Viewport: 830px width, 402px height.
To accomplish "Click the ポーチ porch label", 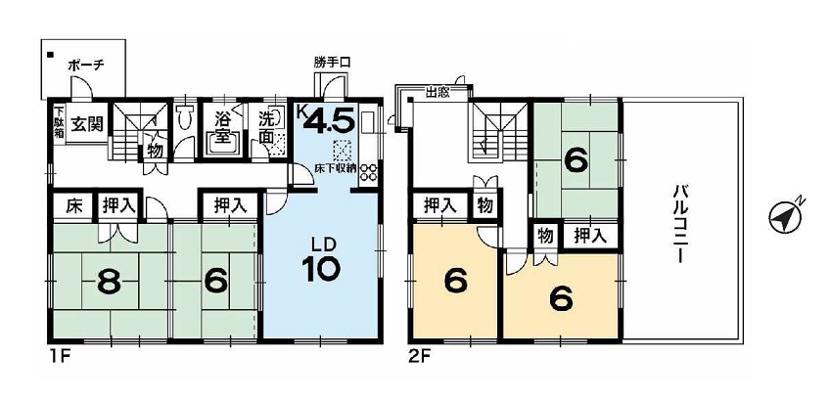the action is (x=87, y=66).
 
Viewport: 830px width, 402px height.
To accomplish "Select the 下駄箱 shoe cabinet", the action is (x=59, y=124).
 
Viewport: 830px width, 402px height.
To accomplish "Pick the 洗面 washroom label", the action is (x=267, y=128).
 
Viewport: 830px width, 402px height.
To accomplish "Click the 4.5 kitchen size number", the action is (x=328, y=121).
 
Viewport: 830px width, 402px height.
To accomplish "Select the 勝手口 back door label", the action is (x=332, y=63).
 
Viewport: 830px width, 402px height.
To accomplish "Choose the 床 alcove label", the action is (x=73, y=205).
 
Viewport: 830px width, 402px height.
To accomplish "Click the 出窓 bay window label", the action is (x=438, y=94).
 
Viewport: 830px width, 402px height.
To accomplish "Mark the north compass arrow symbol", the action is (x=786, y=216).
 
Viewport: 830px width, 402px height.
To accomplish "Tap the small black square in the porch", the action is (x=50, y=55).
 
